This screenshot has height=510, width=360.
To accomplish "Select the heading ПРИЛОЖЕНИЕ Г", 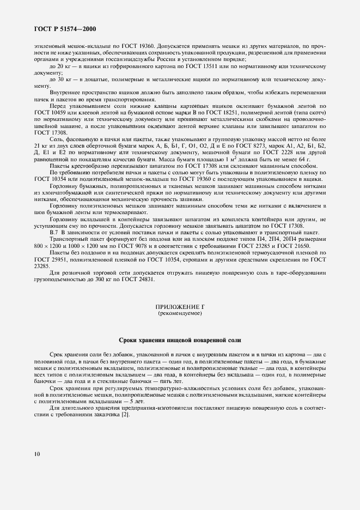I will (x=180, y=308).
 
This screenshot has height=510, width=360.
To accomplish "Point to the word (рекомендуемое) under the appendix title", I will (x=180, y=315).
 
